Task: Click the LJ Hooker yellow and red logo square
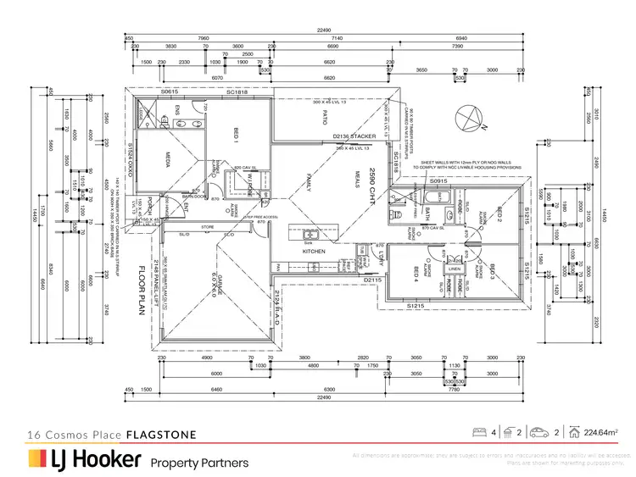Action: (36, 458)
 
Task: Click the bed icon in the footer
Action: (479, 432)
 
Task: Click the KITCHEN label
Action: (315, 252)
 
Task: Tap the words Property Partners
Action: (199, 463)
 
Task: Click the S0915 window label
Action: (438, 181)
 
